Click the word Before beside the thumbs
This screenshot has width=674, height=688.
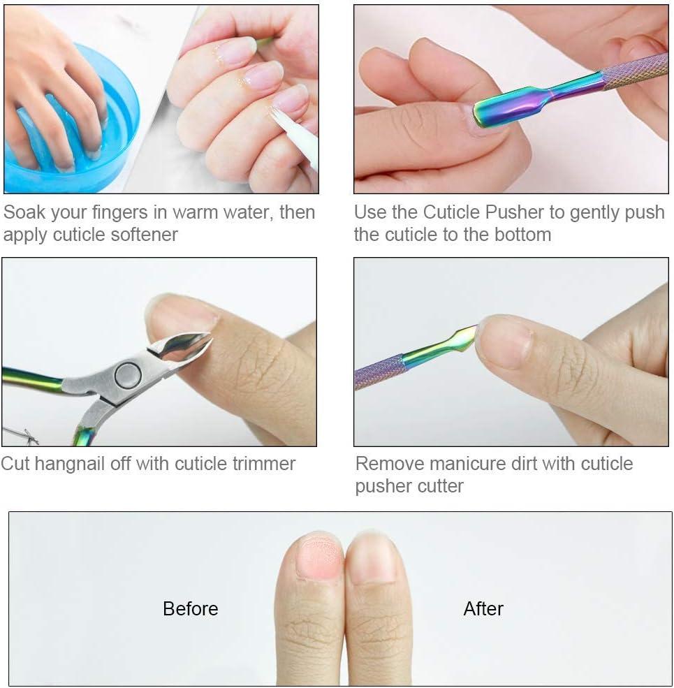(x=190, y=608)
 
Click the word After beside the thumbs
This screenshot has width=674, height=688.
(x=483, y=608)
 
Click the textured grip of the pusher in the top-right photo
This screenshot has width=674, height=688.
(x=636, y=71)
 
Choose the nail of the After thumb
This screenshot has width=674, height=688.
(x=372, y=559)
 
